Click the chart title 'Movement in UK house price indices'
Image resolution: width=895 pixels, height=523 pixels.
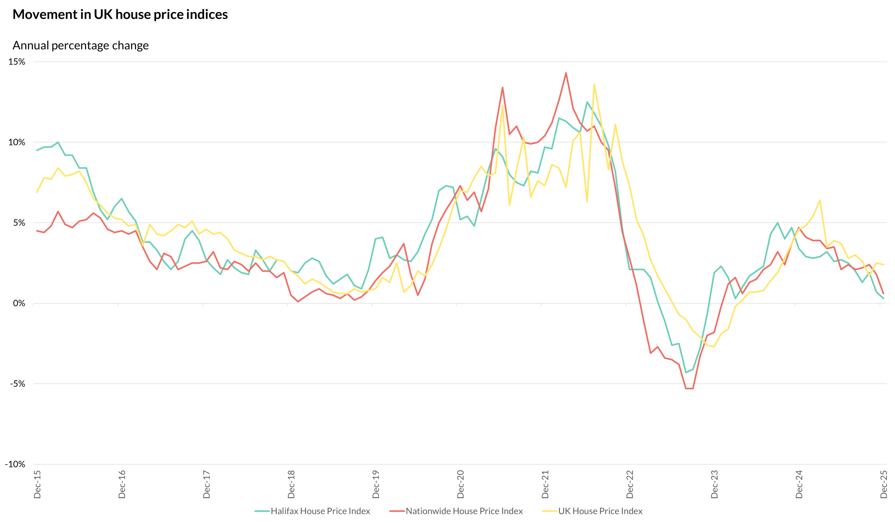coord(120,15)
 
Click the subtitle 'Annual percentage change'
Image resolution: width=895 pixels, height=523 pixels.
coord(81,45)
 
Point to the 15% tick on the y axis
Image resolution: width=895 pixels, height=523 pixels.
coord(17,62)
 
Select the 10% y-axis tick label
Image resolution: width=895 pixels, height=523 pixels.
coord(17,142)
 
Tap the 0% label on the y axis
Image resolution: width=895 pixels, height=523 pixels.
coord(19,303)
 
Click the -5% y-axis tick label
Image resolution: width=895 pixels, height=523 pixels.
coord(17,384)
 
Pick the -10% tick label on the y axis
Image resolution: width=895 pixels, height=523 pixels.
coord(15,464)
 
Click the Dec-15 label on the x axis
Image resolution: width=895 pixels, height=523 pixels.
coord(37,484)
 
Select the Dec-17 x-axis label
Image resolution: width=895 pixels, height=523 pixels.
coord(207,484)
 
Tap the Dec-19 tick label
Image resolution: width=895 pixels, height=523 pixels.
coord(376,484)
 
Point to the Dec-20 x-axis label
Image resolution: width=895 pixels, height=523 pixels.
coord(461,484)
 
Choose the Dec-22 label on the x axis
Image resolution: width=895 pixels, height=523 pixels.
coord(630,484)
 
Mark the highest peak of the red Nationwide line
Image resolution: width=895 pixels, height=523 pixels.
coord(566,73)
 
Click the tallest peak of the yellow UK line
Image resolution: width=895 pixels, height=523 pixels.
coord(594,85)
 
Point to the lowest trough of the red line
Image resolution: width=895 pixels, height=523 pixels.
coord(689,388)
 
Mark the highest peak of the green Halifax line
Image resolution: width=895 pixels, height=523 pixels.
coord(587,102)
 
